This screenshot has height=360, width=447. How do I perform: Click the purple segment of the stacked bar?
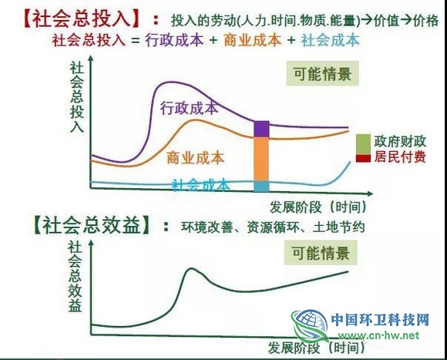coord(261,129)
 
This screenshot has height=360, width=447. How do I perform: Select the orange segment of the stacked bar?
coord(261,159)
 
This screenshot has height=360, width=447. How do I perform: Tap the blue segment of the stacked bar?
coord(261,186)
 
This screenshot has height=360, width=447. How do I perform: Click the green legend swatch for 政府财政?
coord(363,145)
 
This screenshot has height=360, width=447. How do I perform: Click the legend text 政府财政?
coord(400,141)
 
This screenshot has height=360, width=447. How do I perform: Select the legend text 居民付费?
coord(400,156)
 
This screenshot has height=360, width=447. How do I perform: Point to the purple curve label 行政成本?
coord(190,108)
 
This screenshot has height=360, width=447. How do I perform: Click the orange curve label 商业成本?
coord(196,158)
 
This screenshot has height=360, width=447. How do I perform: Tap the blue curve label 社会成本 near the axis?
coord(201,185)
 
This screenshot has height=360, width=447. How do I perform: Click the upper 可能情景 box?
coord(322,73)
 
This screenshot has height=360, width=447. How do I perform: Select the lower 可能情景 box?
coord(321,253)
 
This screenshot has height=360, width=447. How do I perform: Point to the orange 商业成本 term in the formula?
coord(253,40)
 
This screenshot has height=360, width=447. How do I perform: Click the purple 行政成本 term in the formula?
coord(174,40)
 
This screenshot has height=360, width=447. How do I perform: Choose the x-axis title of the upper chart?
coord(318,207)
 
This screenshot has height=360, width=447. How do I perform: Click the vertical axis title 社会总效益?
coord(76,277)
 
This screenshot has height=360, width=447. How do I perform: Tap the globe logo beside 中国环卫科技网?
coord(309,325)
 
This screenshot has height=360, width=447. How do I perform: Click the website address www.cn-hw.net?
coord(379,335)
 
